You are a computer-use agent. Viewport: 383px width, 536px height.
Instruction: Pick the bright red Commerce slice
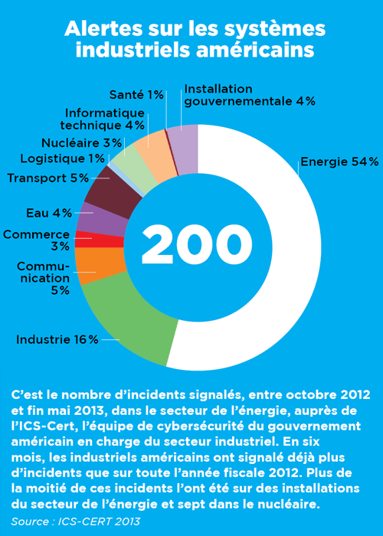[99, 239]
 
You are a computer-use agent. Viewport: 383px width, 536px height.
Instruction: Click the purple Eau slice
[103, 219]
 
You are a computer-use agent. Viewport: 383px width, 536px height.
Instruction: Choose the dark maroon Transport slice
[113, 191]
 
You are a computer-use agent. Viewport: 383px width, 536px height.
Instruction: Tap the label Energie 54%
[339, 162]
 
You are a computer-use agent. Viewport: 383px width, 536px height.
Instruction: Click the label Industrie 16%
[57, 339]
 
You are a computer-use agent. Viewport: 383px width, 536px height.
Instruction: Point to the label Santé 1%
[136, 94]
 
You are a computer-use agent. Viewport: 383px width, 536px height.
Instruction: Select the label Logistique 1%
[63, 159]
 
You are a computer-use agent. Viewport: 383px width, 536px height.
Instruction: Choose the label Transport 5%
[47, 178]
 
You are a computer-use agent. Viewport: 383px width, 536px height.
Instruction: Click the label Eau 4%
[49, 214]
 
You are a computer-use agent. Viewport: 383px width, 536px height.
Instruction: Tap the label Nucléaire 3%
[82, 143]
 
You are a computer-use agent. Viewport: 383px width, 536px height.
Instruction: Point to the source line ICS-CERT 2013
[99, 521]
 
